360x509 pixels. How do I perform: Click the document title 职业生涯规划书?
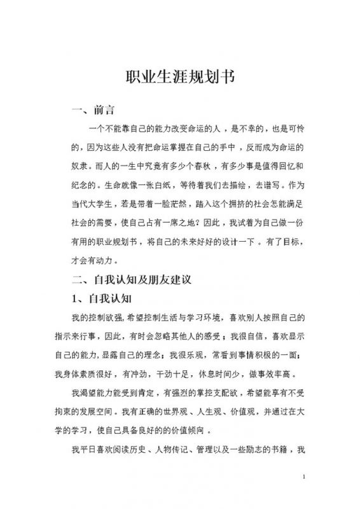[180, 78]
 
